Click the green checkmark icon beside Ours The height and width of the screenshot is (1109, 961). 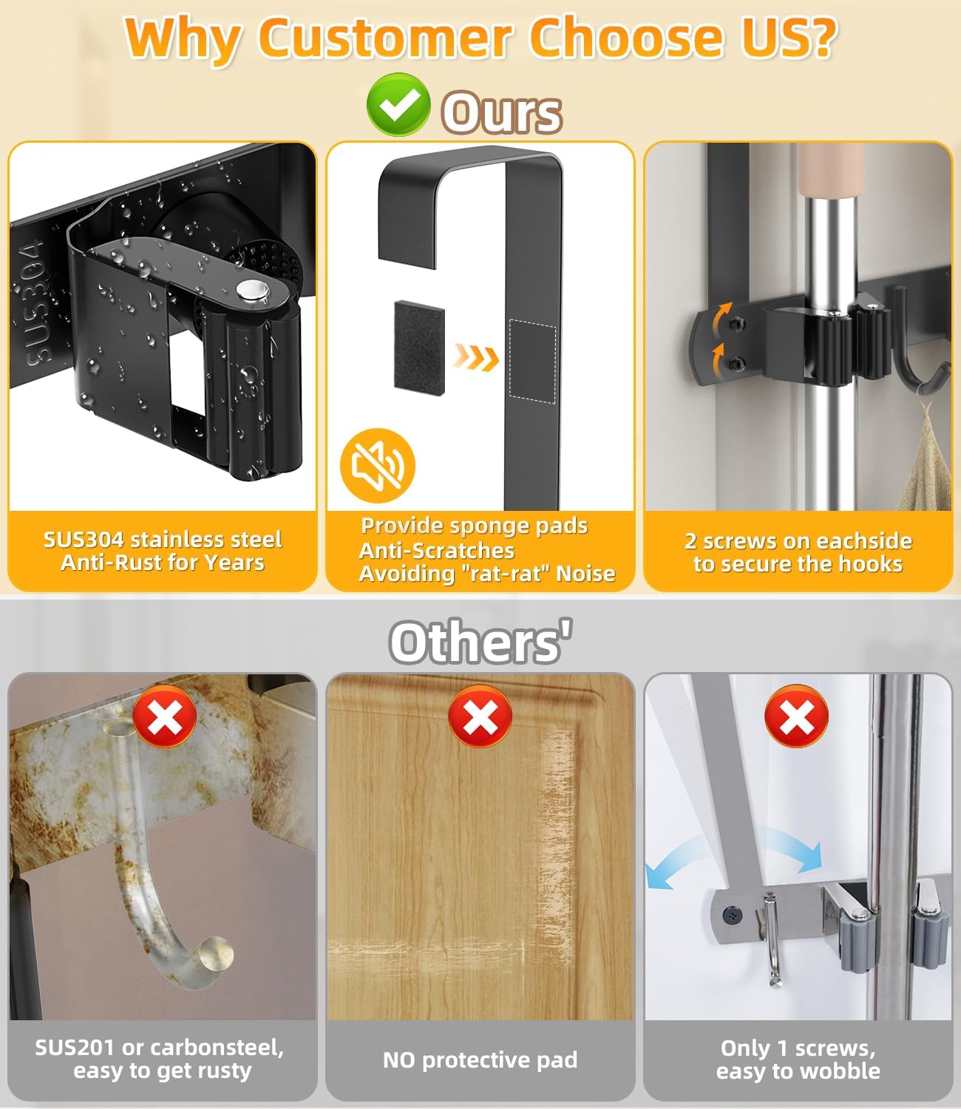tap(398, 105)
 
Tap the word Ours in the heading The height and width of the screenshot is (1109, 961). tap(502, 112)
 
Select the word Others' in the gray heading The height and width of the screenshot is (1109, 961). tap(480, 641)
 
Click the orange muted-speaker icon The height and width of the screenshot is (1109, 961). tap(378, 465)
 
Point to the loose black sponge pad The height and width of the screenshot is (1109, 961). tap(419, 347)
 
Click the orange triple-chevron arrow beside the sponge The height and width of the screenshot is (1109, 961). tap(476, 357)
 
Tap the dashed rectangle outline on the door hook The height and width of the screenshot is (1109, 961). tap(532, 361)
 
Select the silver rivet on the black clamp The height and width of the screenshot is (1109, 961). tap(251, 291)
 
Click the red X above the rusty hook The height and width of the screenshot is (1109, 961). tap(165, 716)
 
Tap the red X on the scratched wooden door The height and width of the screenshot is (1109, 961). tap(480, 716)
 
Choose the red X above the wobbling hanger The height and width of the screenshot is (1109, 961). tap(796, 716)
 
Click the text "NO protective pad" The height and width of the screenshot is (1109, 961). tap(480, 1059)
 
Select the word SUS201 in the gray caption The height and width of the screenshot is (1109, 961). tap(74, 1048)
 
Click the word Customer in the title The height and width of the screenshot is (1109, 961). tap(384, 38)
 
